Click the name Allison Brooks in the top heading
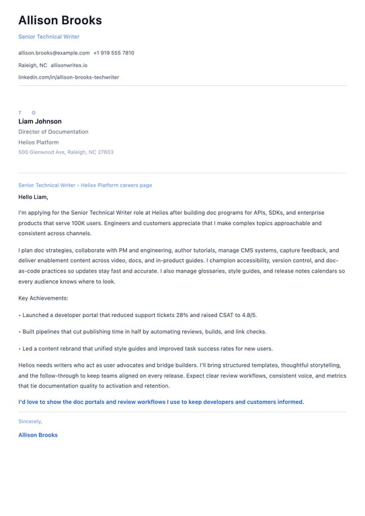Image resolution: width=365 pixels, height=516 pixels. (60, 20)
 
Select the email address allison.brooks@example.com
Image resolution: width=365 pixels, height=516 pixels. (54, 52)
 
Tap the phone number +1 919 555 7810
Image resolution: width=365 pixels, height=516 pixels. (114, 52)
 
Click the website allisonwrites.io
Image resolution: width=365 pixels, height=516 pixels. (69, 65)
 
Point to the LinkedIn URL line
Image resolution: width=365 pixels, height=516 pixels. (69, 77)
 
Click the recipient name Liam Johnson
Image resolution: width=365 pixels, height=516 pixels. (40, 122)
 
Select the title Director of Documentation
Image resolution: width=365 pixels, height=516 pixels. (53, 132)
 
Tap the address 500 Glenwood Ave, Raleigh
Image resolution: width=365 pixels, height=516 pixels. (66, 152)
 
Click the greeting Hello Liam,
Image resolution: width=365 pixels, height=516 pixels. (33, 198)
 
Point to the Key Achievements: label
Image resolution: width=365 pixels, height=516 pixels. (43, 298)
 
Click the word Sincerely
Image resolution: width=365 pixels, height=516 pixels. (30, 421)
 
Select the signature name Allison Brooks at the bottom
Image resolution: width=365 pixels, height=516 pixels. (38, 435)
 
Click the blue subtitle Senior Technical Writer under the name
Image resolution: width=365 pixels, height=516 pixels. (48, 36)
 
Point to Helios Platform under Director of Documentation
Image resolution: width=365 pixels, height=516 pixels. (38, 142)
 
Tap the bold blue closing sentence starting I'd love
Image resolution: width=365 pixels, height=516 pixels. (161, 402)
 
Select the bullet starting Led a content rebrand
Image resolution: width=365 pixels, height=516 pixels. (147, 349)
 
